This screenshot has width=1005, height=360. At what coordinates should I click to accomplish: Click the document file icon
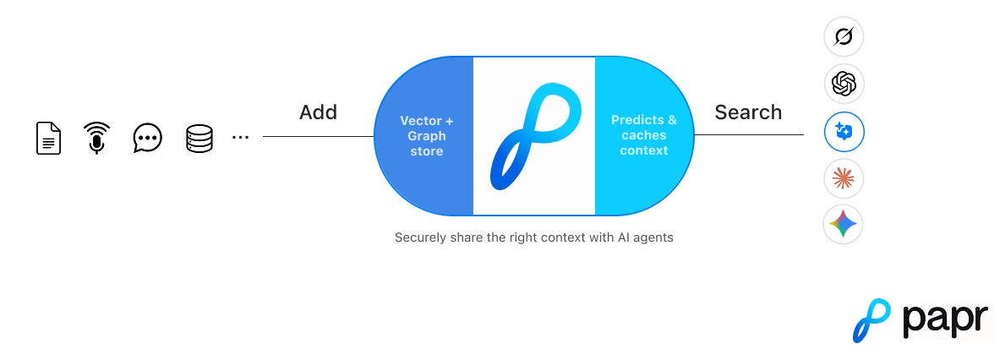[x=49, y=138]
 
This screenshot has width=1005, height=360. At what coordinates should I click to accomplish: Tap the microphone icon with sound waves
[x=98, y=138]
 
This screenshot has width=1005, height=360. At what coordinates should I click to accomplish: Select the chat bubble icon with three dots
[x=148, y=138]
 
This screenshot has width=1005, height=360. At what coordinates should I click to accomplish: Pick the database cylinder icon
[x=199, y=138]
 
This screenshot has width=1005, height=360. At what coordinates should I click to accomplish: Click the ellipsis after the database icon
[x=240, y=137]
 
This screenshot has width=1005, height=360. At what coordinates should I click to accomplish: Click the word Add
[x=318, y=112]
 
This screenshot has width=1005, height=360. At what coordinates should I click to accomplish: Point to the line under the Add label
[x=318, y=135]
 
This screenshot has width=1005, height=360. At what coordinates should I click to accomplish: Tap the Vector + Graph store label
[x=427, y=135]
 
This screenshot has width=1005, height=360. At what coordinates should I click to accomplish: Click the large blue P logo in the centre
[x=533, y=135]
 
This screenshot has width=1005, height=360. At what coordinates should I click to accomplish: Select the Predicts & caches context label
[x=644, y=135]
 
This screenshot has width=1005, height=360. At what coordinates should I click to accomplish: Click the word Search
[x=748, y=112]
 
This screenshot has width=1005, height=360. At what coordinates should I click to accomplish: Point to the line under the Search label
[x=748, y=134]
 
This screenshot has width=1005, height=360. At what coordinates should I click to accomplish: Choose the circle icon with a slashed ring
[x=844, y=36]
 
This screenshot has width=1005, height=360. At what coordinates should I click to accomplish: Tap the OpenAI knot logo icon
[x=844, y=83]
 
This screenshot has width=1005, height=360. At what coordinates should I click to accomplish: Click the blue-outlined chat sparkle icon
[x=844, y=131]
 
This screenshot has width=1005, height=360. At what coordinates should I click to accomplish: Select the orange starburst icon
[x=844, y=177]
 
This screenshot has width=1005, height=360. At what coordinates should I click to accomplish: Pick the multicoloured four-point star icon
[x=844, y=224]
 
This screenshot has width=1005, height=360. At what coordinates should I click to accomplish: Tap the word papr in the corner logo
[x=944, y=321]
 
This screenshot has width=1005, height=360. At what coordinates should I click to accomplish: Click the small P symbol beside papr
[x=871, y=320]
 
